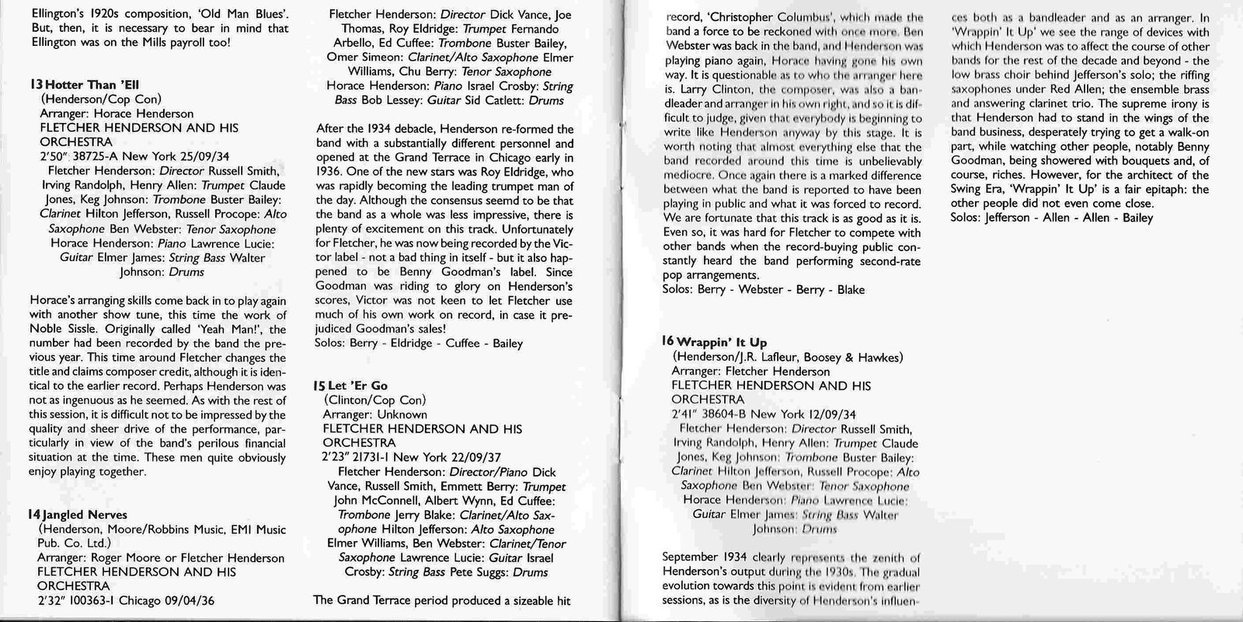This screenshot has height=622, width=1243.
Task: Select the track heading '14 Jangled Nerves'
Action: (78, 515)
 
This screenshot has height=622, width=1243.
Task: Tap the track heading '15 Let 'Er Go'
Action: (350, 386)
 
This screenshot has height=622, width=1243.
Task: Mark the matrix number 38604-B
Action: (719, 414)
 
